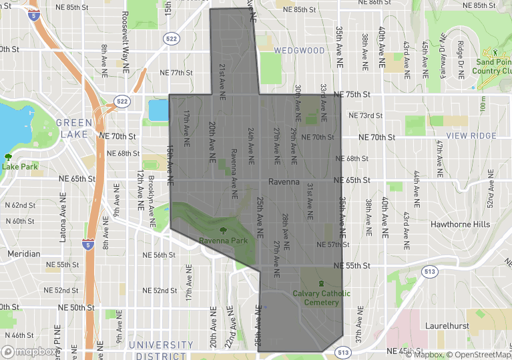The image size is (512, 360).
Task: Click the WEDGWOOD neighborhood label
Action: [x=299, y=50]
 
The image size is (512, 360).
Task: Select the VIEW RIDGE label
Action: [x=471, y=136]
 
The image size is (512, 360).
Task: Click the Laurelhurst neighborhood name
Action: [x=452, y=326]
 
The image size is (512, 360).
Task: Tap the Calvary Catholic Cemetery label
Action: [x=321, y=298]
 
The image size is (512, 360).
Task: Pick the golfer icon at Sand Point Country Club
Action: [x=494, y=51]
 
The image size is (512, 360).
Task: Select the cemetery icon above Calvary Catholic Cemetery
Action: [x=321, y=283]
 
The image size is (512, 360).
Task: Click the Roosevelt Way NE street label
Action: [x=125, y=37]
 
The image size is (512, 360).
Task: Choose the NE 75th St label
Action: [x=351, y=95]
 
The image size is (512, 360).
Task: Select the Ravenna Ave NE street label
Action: [x=234, y=173]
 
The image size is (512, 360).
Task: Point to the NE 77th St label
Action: [x=176, y=73]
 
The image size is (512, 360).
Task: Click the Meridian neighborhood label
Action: [x=24, y=254]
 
